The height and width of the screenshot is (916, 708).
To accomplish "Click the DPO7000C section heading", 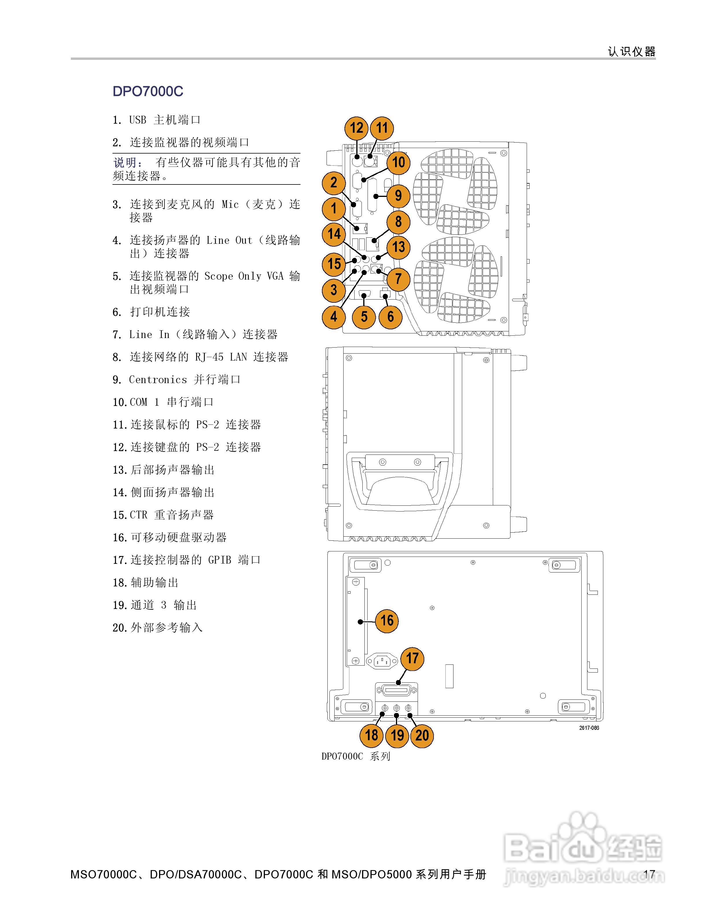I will point(147,91).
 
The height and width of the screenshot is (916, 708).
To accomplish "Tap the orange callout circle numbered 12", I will point(356,128).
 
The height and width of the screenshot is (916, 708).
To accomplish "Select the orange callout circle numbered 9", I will point(398,196).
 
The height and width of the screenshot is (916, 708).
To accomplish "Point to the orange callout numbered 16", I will point(386,621).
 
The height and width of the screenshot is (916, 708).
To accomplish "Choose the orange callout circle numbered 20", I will point(422,735).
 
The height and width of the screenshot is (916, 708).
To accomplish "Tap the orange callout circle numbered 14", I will point(334,234).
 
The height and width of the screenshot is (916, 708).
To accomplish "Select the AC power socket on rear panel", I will point(382,662).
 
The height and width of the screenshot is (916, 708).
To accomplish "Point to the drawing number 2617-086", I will point(589,728).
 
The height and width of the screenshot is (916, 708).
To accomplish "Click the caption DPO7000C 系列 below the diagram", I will point(356,756).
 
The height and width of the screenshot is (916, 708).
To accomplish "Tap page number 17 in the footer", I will point(649,874).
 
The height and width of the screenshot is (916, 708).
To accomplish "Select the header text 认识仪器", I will point(631,51).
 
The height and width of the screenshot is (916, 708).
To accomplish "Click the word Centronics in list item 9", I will point(157,380).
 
